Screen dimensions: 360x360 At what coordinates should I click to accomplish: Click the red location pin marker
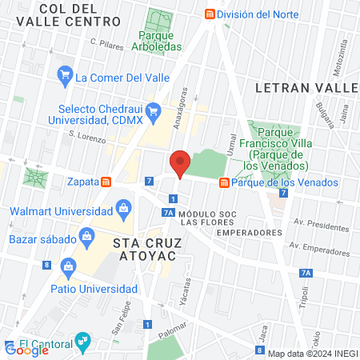180,164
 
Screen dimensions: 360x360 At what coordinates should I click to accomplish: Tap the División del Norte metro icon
210,14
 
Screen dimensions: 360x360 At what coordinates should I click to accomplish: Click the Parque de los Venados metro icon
225,182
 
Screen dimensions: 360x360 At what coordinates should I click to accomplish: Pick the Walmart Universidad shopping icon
123,211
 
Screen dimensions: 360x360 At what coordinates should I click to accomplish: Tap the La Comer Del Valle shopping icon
65,78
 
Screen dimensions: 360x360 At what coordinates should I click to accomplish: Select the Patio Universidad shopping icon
67,265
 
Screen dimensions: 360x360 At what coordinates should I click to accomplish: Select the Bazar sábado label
40,238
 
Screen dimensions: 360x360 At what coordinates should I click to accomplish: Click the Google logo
26,349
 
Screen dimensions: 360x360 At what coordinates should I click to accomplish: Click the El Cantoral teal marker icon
82,342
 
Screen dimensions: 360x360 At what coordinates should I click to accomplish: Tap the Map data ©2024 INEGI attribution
312,354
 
